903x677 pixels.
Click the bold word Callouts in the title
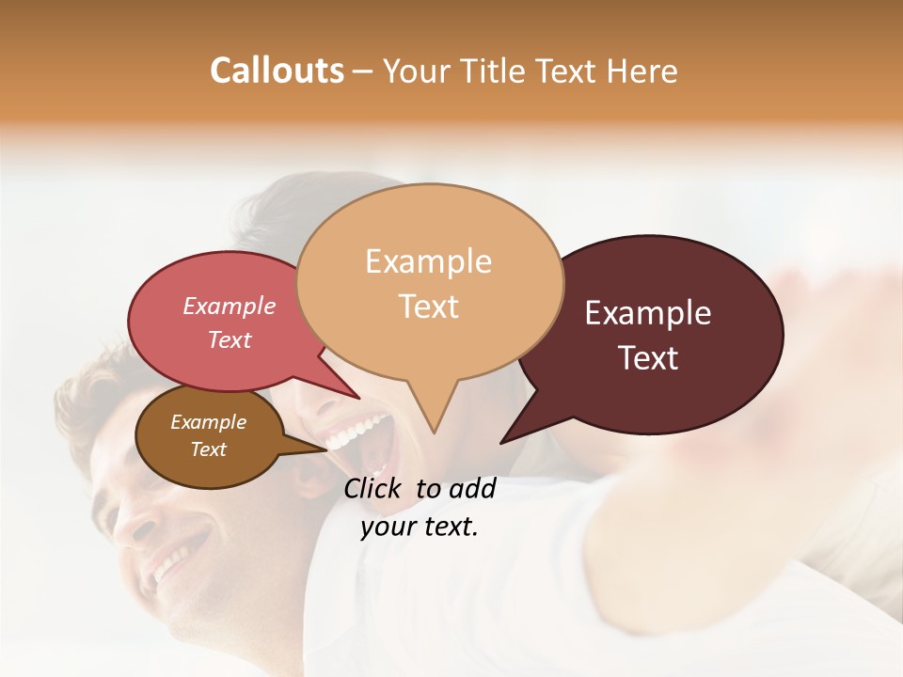tap(277, 71)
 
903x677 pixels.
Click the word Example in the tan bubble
tap(428, 261)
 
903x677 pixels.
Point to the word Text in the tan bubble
tap(428, 307)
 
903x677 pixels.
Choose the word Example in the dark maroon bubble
tap(647, 313)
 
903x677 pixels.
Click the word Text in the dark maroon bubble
tap(649, 358)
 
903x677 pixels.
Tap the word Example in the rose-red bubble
tap(229, 307)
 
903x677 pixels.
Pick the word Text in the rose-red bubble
tap(230, 340)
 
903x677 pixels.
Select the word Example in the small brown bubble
tap(208, 422)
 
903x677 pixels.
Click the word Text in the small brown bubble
tap(208, 449)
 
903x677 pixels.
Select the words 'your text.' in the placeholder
tap(419, 527)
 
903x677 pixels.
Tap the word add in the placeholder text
tap(472, 488)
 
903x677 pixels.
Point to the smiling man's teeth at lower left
tap(169, 565)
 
